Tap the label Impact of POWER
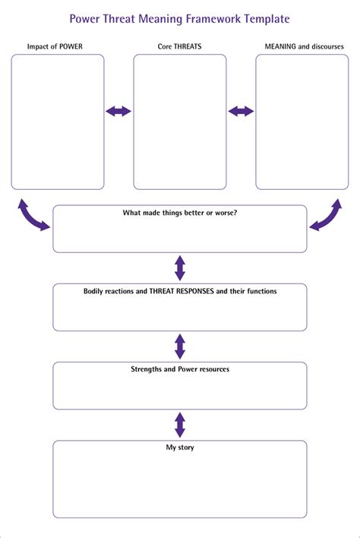(x=55, y=46)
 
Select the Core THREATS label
(x=179, y=46)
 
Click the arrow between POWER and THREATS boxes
(x=118, y=112)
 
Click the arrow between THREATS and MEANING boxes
(x=241, y=112)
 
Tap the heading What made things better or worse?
(x=180, y=213)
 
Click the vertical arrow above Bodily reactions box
(x=180, y=267)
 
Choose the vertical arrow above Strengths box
(x=180, y=346)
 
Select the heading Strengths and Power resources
(x=180, y=369)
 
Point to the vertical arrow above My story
(x=180, y=424)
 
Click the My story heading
(x=180, y=448)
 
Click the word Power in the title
(x=84, y=18)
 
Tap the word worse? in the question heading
(x=225, y=213)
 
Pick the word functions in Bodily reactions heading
(x=260, y=291)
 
